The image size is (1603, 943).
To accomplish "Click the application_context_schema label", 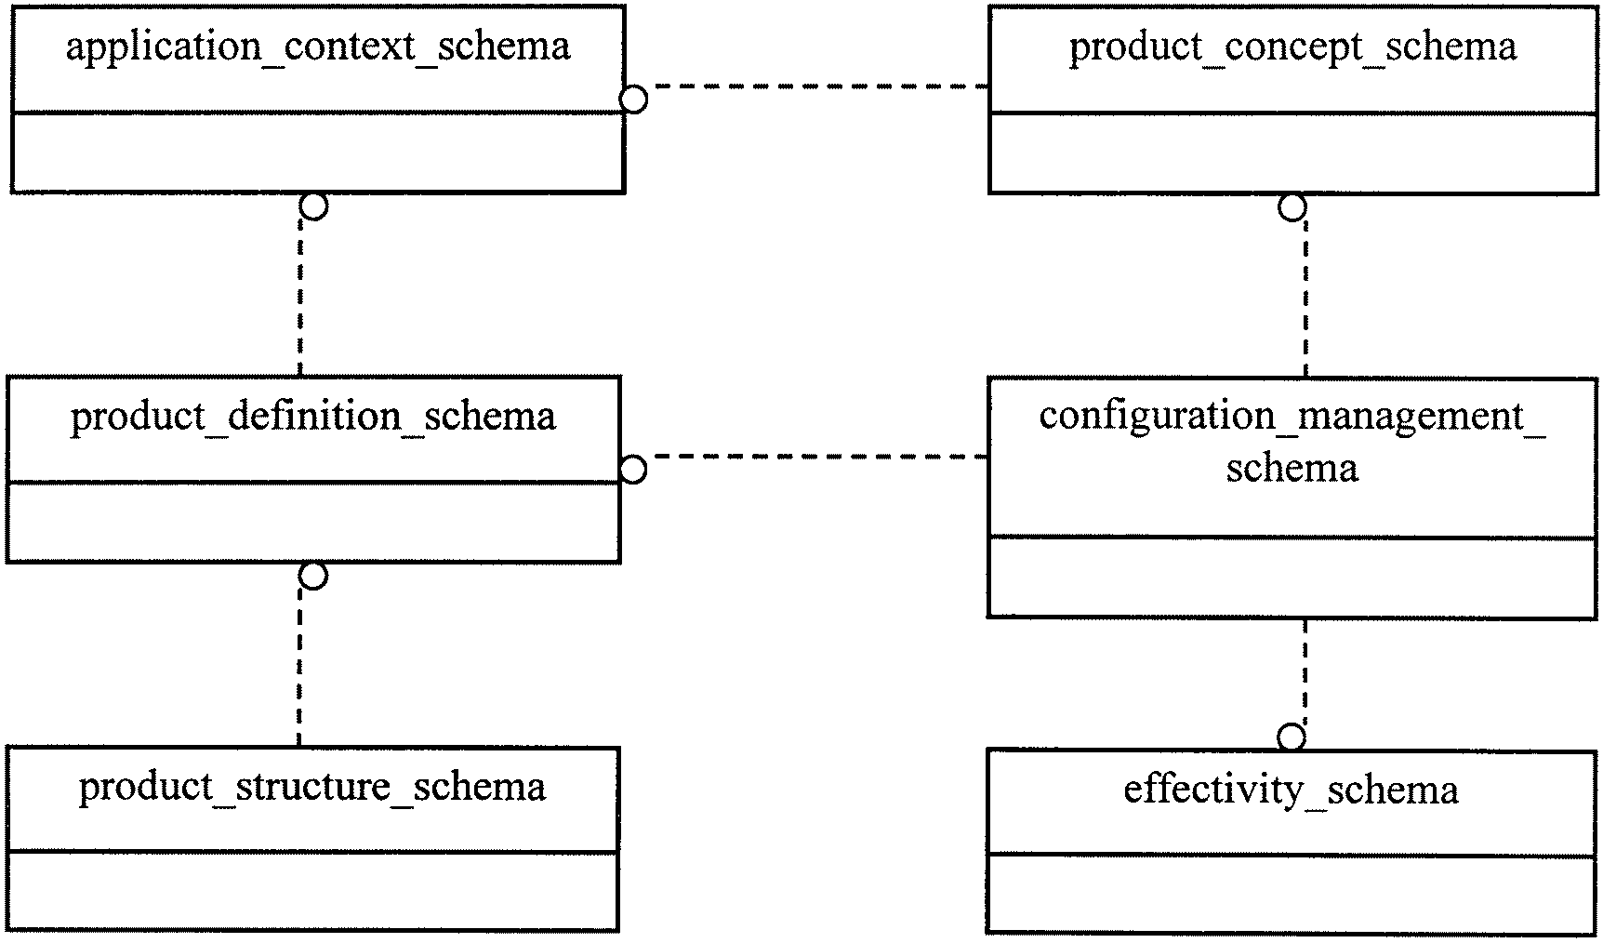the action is click(x=318, y=46).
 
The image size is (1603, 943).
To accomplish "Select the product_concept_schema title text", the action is click(x=1292, y=46).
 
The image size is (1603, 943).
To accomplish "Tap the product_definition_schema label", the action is click(x=313, y=417).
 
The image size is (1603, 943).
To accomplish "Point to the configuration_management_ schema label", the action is click(x=1292, y=442).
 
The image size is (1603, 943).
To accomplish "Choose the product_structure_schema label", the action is click(x=312, y=787).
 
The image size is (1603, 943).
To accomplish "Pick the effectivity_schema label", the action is click(x=1292, y=790).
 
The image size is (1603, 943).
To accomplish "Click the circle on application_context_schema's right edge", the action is click(x=633, y=99).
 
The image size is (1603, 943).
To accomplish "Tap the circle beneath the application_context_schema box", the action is click(x=314, y=206).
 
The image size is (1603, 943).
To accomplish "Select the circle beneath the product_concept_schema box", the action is click(x=1292, y=207).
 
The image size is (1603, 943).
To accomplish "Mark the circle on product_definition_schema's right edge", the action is click(x=633, y=470).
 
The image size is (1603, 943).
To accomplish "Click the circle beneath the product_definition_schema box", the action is click(x=314, y=576).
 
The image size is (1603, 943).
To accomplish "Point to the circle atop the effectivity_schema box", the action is click(x=1292, y=738).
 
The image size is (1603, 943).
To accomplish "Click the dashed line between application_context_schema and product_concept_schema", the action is click(x=817, y=86).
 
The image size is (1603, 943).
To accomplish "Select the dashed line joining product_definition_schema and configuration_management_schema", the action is click(x=817, y=457).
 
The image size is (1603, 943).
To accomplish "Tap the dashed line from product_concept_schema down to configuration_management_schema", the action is click(x=1305, y=299).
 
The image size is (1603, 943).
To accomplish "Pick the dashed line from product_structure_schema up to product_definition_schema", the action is click(x=299, y=667).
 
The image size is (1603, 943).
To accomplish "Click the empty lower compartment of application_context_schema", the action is click(x=318, y=153).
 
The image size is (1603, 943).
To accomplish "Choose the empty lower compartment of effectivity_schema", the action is click(x=1292, y=894).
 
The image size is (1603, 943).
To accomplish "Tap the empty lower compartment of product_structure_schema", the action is click(x=312, y=890).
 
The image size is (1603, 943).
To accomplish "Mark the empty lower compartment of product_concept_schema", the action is click(x=1292, y=153).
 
